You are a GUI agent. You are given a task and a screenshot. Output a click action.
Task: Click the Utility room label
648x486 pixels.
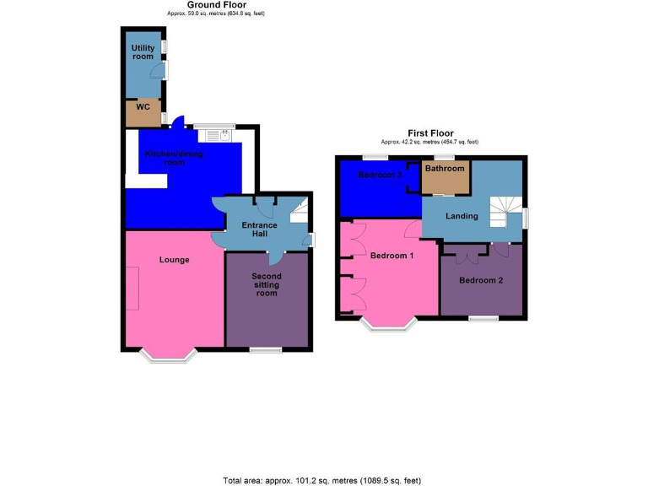[143, 52]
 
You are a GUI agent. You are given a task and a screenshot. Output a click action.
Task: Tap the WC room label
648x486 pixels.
[143, 107]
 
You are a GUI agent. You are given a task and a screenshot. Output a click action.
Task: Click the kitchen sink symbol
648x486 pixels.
[225, 133]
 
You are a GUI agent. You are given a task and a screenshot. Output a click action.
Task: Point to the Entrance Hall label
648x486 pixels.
[259, 230]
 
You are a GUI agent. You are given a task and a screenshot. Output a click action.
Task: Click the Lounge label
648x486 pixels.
[174, 260]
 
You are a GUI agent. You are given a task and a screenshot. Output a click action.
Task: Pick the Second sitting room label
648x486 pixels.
[267, 284]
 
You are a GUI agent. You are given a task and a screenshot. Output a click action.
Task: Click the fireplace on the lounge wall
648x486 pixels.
[132, 288]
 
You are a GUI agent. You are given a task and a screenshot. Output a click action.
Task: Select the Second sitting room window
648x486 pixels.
[265, 349]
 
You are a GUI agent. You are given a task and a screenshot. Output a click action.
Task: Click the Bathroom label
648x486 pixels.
[445, 169]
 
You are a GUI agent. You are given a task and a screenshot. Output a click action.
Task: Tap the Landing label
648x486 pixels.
[462, 216]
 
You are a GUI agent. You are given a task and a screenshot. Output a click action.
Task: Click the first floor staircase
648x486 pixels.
[507, 211]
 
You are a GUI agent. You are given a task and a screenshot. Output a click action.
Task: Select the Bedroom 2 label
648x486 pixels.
[481, 280]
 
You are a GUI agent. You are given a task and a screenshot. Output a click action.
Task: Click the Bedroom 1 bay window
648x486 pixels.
[387, 324]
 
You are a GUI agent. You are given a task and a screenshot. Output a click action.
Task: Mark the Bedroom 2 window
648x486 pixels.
[483, 318]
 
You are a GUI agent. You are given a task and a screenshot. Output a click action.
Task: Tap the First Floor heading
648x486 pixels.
[429, 133]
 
